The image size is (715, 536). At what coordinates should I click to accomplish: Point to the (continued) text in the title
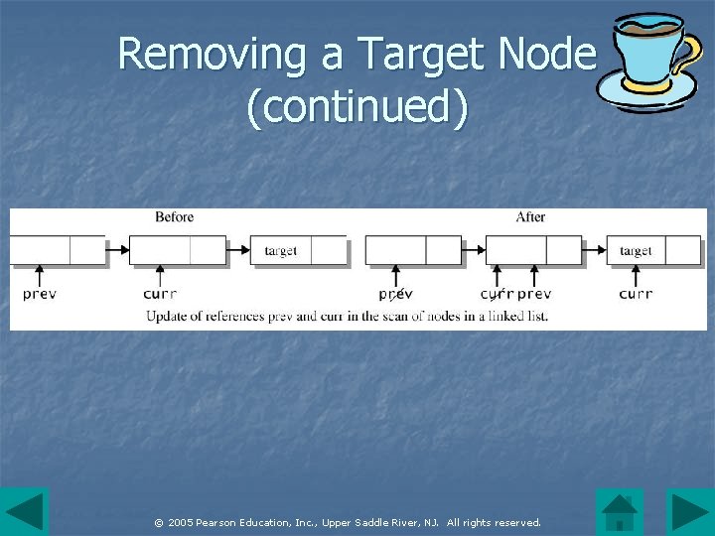coord(357,108)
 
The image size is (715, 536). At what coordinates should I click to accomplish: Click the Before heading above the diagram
coord(174,216)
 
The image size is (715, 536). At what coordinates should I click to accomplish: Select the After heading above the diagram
coord(530,216)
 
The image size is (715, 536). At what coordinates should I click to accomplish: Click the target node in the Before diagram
coord(281,251)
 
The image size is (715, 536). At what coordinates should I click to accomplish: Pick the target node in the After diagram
coord(636,251)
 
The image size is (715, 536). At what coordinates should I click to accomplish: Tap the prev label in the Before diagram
coord(40,294)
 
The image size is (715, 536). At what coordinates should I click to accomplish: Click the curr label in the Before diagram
coord(160,294)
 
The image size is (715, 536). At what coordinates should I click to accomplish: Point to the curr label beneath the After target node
coord(636,294)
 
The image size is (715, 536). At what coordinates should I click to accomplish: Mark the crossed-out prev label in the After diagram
coord(395,294)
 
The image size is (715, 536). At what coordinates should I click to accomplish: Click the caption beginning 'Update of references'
coord(347,317)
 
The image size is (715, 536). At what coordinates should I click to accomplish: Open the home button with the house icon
coord(620,511)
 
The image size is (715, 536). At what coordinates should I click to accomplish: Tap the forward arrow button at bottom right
coord(690,511)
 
